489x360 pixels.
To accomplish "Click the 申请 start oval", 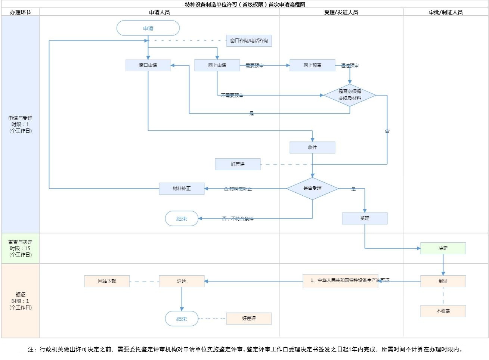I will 148,28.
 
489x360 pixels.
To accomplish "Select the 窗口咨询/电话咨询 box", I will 249,41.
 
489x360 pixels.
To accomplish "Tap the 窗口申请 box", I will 148,65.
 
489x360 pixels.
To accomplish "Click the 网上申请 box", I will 217,65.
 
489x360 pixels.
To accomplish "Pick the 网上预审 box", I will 312,65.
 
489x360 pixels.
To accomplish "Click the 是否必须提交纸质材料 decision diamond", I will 350,95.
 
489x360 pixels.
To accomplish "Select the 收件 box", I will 312,148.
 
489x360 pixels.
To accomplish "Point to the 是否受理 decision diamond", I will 312,188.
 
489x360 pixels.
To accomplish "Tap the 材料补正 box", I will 182,189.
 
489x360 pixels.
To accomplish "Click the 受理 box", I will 365,218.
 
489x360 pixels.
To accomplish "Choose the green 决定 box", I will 443,248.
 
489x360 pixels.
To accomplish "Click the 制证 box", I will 443,281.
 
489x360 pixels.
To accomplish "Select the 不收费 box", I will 443,311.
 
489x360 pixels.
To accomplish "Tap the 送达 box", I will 182,281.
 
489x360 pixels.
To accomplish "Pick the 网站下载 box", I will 107,281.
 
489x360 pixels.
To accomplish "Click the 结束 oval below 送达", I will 182,319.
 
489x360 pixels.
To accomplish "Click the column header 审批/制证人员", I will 446,12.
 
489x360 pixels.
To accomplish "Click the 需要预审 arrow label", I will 254,65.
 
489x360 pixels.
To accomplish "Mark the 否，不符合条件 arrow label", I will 238,218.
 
